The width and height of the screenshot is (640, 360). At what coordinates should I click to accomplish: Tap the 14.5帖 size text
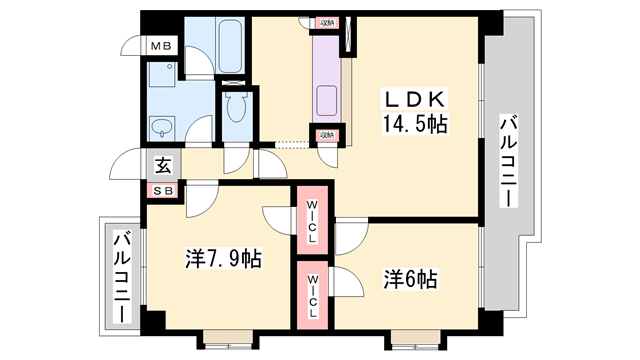(x=412, y=125)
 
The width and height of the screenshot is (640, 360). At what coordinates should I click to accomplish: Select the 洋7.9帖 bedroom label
(x=223, y=259)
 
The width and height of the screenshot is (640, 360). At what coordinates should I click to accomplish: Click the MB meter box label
(x=160, y=46)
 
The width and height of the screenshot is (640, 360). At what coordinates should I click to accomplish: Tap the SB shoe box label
(x=161, y=191)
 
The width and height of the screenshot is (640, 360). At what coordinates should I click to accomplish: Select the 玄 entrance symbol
(x=161, y=167)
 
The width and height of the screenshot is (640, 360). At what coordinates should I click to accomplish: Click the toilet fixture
(x=236, y=107)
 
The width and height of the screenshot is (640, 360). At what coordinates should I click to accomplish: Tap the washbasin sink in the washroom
(x=163, y=127)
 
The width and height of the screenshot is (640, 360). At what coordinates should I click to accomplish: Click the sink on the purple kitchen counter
(x=327, y=100)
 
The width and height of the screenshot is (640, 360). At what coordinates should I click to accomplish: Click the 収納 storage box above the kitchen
(x=328, y=22)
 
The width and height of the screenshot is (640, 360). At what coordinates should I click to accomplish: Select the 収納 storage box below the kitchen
(x=328, y=136)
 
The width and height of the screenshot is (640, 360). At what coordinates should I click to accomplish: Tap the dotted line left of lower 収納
(x=292, y=144)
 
